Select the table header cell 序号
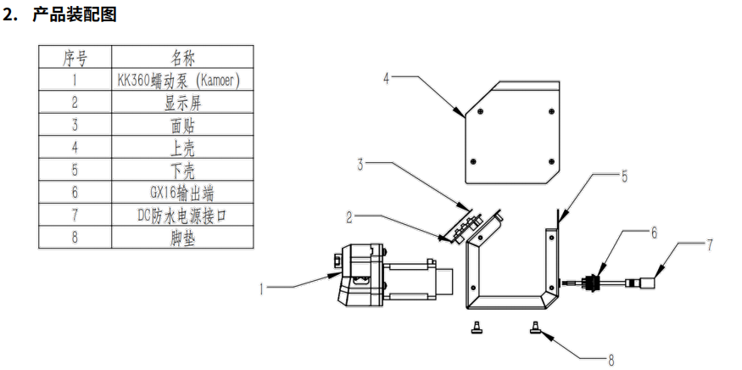(x=75, y=59)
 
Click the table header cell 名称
(x=183, y=59)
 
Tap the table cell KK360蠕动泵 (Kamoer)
(x=183, y=81)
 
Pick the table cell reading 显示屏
(x=183, y=103)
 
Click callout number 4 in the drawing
(x=386, y=79)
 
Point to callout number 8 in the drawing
(x=611, y=360)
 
